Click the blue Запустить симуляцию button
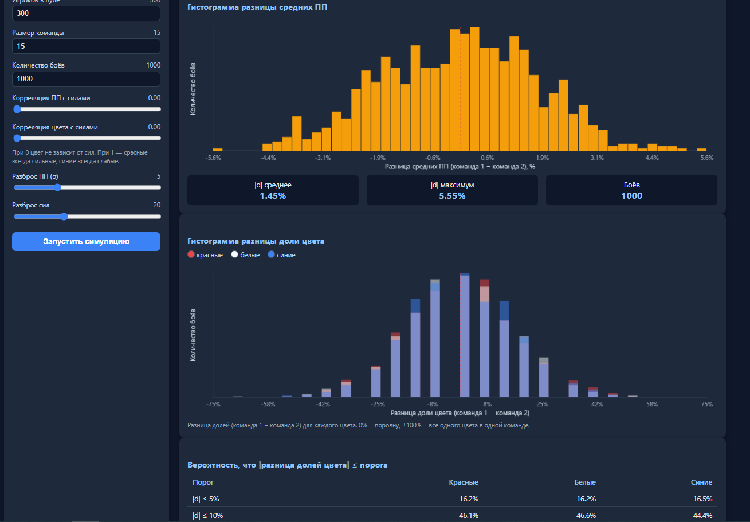pyautogui.click(x=86, y=241)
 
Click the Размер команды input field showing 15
pyautogui.click(x=86, y=46)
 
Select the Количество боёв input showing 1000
pyautogui.click(x=86, y=79)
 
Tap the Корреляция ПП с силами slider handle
pyautogui.click(x=17, y=109)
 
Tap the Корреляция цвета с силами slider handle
pyautogui.click(x=17, y=138)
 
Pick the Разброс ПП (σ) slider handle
pyautogui.click(x=58, y=187)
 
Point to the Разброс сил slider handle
pyautogui.click(x=64, y=217)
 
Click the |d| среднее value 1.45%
pyautogui.click(x=273, y=196)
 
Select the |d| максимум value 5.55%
pyautogui.click(x=452, y=196)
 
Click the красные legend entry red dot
pyautogui.click(x=191, y=254)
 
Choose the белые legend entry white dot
pyautogui.click(x=235, y=254)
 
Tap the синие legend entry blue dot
pyautogui.click(x=271, y=254)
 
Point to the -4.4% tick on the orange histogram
pyautogui.click(x=268, y=158)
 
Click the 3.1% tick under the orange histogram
pyautogui.click(x=598, y=158)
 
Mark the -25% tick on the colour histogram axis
pyautogui.click(x=378, y=404)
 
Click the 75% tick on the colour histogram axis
pyautogui.click(x=707, y=404)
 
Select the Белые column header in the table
pyautogui.click(x=585, y=482)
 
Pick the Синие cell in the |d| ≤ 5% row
pyautogui.click(x=703, y=499)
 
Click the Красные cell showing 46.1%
pyautogui.click(x=469, y=516)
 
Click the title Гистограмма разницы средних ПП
pyautogui.click(x=257, y=7)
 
